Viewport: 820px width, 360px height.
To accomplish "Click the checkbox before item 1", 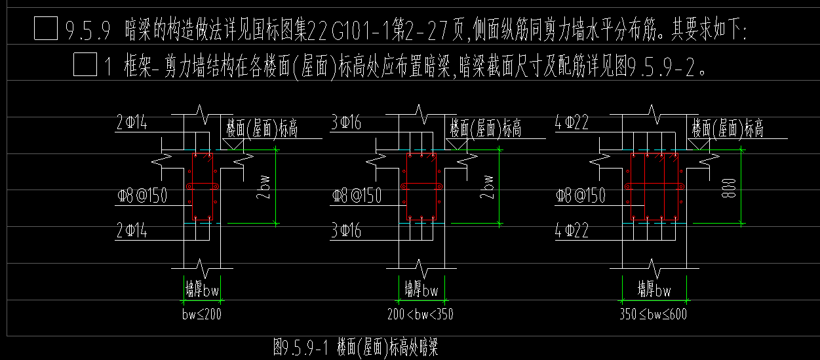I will point(85,66).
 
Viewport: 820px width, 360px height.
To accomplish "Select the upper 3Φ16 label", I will point(347,123).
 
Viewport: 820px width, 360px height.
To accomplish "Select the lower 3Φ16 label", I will point(347,230).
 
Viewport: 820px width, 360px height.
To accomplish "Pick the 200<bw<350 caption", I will point(420,314).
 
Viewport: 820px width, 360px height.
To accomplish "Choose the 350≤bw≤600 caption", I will point(653,314).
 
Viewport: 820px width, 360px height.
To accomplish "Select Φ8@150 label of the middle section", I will point(357,195).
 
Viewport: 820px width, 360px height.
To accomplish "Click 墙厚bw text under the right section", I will point(654,289).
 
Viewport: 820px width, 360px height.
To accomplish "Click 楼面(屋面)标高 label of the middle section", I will point(486,129).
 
